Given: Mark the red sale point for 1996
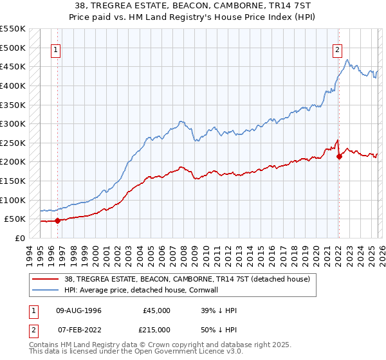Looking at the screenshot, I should click(x=57, y=221).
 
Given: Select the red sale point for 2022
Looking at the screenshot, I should click(x=339, y=156).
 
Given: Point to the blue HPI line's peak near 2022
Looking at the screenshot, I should click(x=347, y=60).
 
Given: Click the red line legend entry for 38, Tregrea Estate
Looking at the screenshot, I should click(x=187, y=279).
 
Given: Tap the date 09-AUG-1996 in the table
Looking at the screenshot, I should click(x=78, y=310).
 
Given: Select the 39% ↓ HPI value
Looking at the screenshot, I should click(x=219, y=310).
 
